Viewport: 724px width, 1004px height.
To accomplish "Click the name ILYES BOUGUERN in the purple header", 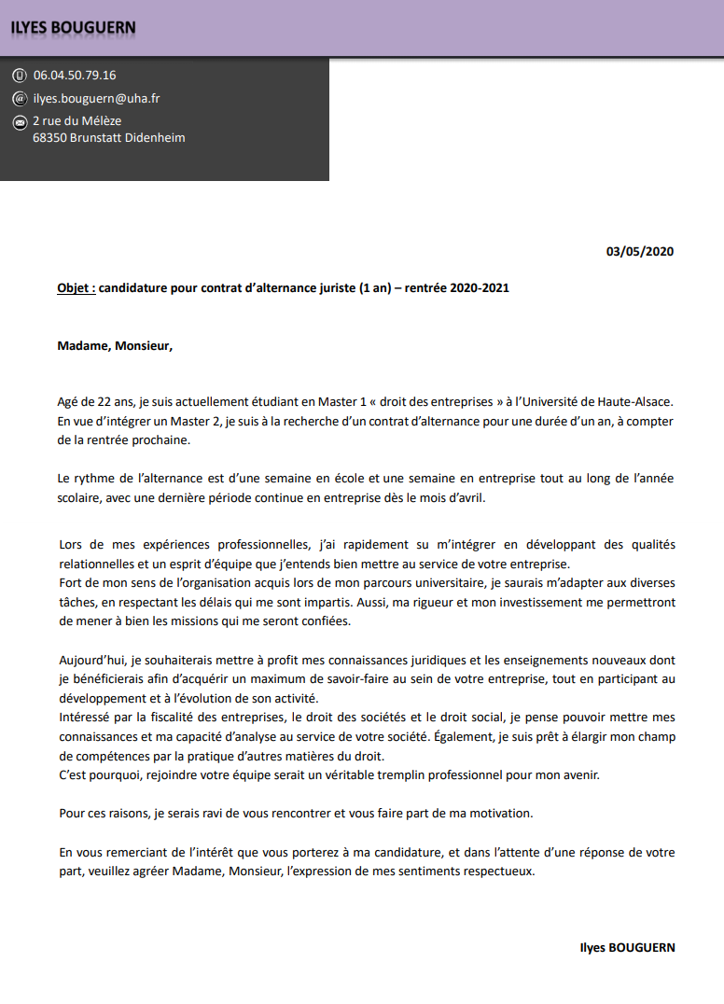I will point(74,28).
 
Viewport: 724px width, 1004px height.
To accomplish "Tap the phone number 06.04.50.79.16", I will point(75,76).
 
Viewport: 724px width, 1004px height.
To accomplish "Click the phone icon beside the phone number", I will point(20,76).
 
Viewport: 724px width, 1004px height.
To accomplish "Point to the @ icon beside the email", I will point(20,98).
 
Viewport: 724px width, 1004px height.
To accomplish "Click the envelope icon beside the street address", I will point(20,121).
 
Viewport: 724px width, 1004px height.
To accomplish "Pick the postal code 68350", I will point(49,138).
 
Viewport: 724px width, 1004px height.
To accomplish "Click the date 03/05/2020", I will point(639,251).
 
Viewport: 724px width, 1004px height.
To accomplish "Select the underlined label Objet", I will point(76,288).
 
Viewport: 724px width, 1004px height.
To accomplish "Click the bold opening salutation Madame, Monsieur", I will point(115,346).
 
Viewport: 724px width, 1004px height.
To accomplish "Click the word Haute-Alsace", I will point(639,402).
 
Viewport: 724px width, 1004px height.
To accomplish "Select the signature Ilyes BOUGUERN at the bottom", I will point(627,947).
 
